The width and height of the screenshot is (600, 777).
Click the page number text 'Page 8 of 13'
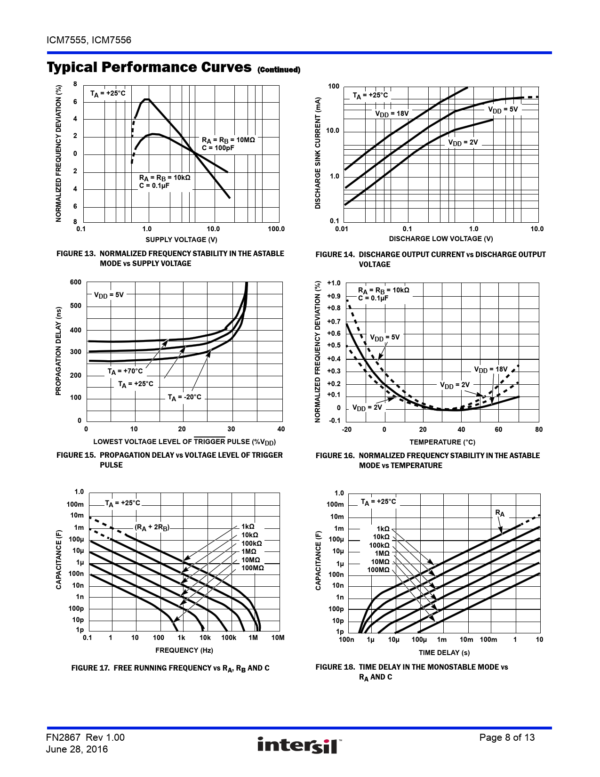[x=507, y=737]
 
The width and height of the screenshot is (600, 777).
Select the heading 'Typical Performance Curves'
[x=149, y=67]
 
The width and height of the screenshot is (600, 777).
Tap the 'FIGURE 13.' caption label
[x=76, y=253]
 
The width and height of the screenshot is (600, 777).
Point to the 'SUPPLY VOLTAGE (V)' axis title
[x=181, y=240]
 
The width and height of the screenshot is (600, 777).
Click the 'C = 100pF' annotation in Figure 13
[x=218, y=148]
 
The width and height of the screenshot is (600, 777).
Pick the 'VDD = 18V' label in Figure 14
[x=392, y=113]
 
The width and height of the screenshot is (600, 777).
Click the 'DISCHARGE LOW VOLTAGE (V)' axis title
[x=440, y=239]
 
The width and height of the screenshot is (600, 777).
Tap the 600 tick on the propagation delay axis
[x=75, y=283]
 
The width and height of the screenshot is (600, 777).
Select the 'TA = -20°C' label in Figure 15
[x=184, y=397]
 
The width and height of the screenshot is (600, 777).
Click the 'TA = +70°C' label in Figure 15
[x=125, y=372]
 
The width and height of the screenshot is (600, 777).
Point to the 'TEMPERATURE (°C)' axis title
[x=442, y=442]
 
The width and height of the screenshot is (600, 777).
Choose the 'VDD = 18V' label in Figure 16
[x=490, y=370]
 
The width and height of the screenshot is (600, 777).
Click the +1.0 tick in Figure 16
[x=334, y=283]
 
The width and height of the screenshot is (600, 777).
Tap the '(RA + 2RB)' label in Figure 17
[x=152, y=527]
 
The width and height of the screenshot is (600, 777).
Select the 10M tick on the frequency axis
[x=278, y=638]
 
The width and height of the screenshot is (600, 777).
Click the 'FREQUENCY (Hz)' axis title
[x=184, y=650]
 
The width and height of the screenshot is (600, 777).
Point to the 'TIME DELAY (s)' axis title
[x=444, y=653]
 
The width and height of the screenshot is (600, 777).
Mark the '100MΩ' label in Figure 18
[x=378, y=570]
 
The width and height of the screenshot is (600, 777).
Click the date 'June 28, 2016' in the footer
[x=77, y=749]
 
